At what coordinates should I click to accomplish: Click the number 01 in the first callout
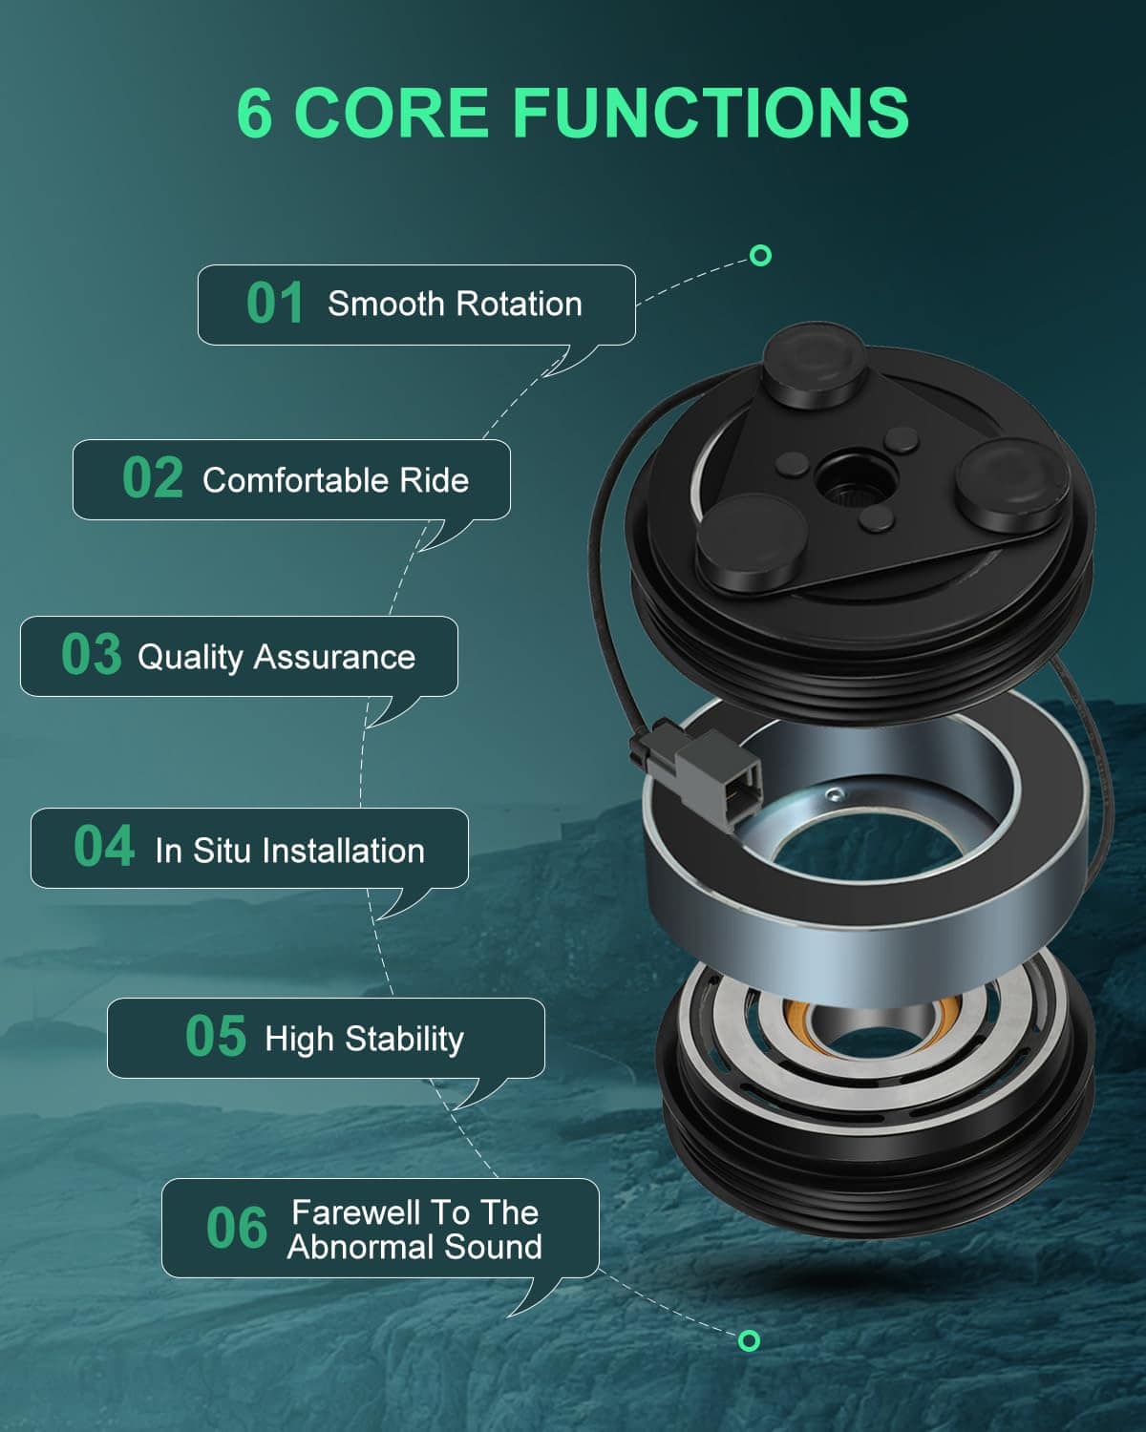[x=275, y=303]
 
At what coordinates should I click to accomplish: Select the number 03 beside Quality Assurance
[x=92, y=654]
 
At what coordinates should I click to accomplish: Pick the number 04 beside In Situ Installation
[x=104, y=846]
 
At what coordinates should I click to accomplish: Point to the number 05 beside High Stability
[x=216, y=1036]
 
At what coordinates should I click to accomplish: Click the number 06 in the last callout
[x=237, y=1228]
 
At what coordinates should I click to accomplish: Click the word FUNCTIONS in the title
[x=711, y=113]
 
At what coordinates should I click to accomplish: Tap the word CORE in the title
[x=392, y=113]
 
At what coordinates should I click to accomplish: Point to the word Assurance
[x=334, y=658]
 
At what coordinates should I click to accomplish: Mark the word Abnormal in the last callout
[x=361, y=1247]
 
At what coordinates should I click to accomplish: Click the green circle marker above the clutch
[x=760, y=256]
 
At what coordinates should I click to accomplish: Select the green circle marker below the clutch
[x=749, y=1341]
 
